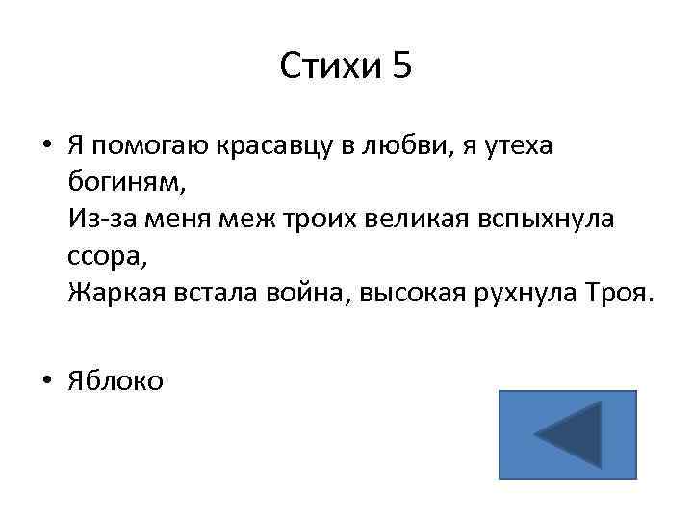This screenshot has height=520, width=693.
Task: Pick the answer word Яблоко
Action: [x=115, y=381]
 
